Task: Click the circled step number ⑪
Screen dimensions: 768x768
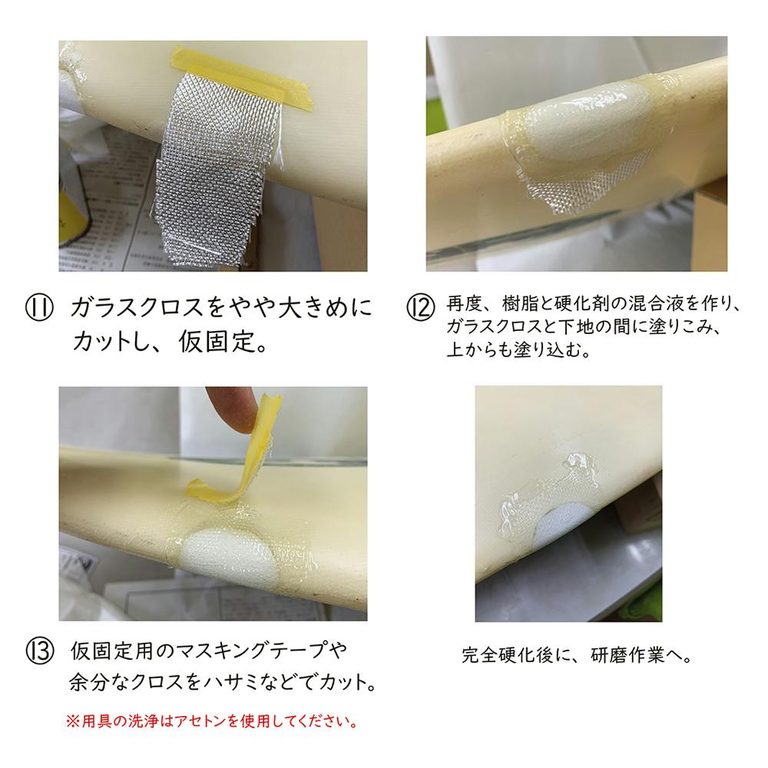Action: [x=39, y=309]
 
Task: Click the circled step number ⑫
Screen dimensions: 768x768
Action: [x=420, y=308]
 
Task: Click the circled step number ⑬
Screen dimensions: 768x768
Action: [x=39, y=652]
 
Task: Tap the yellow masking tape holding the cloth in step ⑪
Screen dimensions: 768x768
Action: [x=243, y=76]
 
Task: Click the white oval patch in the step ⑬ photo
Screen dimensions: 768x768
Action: [x=228, y=558]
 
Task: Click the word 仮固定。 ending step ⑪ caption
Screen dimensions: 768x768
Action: [x=223, y=341]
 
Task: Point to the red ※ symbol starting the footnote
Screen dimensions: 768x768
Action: [x=72, y=721]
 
